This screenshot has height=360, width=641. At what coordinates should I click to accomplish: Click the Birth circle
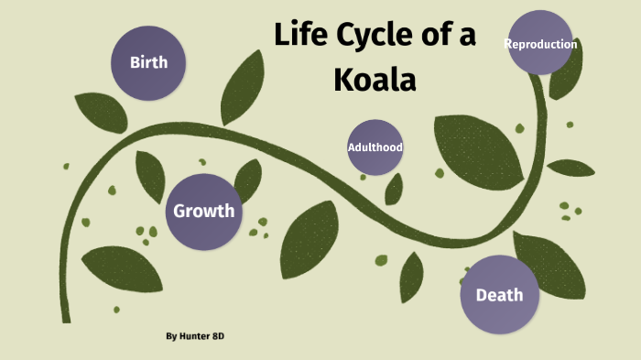coord(148,62)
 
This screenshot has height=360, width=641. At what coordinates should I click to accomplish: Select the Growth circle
coord(204,212)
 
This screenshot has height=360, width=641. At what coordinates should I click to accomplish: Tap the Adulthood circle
coord(375,147)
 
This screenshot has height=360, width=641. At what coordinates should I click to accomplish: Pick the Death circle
coord(499,294)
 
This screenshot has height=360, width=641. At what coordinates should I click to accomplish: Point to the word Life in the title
coord(305,37)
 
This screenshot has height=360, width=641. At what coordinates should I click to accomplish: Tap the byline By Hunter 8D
coord(195,336)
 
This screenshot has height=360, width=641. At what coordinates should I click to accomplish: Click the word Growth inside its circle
coord(204,212)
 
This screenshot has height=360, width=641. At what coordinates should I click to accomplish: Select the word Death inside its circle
coord(499,295)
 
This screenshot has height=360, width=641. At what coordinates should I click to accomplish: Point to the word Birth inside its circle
coord(148,63)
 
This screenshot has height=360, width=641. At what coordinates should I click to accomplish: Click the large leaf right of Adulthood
coord(474,147)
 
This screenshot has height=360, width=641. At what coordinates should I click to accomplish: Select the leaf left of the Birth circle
coord(100,112)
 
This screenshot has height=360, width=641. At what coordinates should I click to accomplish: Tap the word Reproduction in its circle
coord(541,44)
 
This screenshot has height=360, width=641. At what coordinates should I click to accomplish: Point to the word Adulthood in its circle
coord(375,147)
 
